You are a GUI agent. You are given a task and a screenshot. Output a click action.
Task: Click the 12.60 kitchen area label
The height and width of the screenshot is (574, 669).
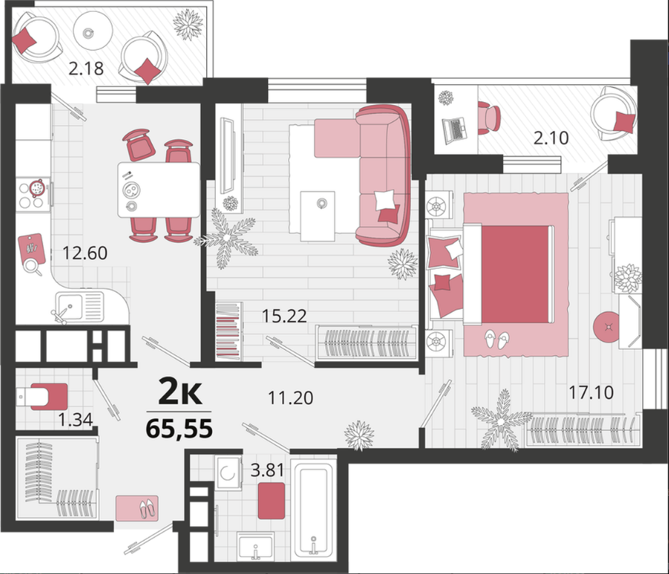coord(85,253)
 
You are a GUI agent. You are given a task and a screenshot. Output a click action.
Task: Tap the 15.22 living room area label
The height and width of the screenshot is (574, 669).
coord(284,316)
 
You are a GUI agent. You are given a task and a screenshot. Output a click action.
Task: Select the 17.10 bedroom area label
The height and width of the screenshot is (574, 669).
coord(592,392)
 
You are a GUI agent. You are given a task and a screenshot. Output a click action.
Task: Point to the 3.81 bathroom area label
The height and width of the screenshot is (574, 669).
coord(267,471)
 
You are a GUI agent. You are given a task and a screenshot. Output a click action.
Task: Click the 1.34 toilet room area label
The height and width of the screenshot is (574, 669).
coord(75,421)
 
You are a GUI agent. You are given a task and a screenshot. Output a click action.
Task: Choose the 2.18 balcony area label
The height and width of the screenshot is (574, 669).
coord(86,68)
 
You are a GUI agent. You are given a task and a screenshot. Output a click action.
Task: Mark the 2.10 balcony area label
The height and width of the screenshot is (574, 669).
coord(551,138)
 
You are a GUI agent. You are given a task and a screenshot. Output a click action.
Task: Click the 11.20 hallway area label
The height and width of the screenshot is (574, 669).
coord(290,398)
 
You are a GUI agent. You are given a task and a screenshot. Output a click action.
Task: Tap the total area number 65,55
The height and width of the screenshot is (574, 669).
coord(179,429)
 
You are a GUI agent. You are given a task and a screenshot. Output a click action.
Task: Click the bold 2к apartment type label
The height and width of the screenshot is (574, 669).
coord(179,392)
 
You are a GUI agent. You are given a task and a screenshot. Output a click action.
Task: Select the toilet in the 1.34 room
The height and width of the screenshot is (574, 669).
coord(42,397)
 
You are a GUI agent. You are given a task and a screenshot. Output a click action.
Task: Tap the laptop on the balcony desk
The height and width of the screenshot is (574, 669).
coord(455,130)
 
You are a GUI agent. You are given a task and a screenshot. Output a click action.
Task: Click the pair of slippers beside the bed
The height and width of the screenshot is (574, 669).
coord(496,339)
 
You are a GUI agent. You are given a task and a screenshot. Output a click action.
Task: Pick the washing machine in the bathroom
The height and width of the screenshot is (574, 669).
coord(228,473)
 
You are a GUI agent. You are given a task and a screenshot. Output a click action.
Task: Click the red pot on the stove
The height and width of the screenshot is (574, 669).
coord(36,187)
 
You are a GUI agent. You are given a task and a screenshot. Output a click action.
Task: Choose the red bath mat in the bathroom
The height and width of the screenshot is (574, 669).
coord(272,500)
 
